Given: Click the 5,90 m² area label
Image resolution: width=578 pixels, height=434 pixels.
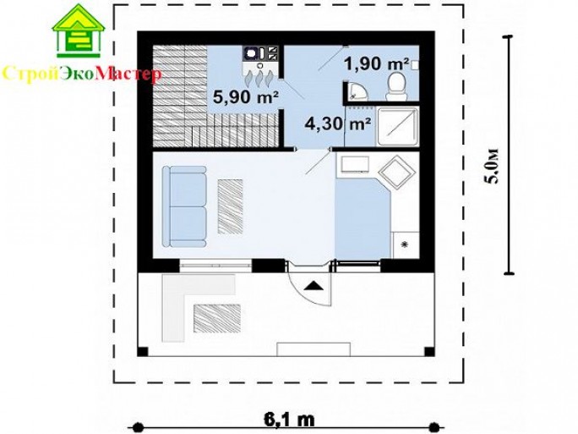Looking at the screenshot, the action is [x=246, y=97].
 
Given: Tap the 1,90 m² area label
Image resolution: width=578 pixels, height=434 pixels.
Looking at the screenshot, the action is [x=377, y=63].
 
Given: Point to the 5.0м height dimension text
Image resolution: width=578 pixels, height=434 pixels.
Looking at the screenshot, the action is [x=493, y=166].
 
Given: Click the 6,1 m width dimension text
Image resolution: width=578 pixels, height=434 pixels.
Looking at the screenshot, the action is [x=289, y=420].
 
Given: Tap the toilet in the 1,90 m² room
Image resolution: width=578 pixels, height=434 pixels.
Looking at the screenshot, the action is [x=396, y=85].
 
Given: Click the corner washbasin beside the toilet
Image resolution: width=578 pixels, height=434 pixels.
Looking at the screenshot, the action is [x=357, y=91].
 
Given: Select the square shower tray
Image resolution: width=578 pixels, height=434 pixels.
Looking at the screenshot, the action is [x=397, y=126].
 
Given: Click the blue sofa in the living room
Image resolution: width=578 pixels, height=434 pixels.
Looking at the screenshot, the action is [x=184, y=206].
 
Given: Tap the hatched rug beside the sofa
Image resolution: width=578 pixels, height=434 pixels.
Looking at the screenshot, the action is [x=230, y=206].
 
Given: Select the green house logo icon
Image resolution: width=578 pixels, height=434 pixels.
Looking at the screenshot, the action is [x=78, y=30].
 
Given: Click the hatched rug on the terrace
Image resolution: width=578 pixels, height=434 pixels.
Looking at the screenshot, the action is [x=217, y=318].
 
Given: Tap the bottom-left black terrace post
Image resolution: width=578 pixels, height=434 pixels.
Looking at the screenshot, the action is [x=143, y=351].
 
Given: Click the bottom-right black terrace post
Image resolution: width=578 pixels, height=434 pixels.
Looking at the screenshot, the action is [x=429, y=351].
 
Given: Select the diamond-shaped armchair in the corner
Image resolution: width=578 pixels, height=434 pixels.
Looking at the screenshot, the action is [x=397, y=173].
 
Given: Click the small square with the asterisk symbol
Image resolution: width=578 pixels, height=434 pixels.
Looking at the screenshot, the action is [x=405, y=244].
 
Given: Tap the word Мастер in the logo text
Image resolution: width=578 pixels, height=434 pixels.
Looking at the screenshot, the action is [x=128, y=74].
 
